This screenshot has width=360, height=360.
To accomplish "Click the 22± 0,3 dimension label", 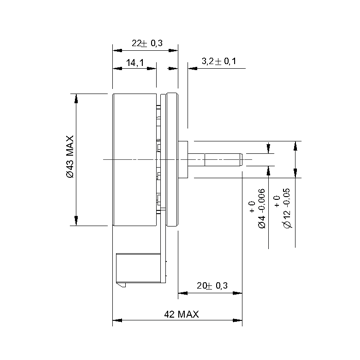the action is click(x=147, y=43).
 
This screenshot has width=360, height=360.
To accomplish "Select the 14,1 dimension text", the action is click(x=135, y=62).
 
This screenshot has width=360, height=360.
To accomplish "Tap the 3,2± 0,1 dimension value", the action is click(x=219, y=61).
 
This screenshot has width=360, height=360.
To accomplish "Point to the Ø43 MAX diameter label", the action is click(x=70, y=156).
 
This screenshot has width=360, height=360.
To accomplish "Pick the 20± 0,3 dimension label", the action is click(x=212, y=286).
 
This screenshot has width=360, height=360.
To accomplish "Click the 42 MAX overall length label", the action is click(x=181, y=314).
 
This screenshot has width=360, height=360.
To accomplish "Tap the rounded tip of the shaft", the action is click(x=241, y=160).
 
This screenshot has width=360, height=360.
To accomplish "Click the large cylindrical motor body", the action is click(x=135, y=159).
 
